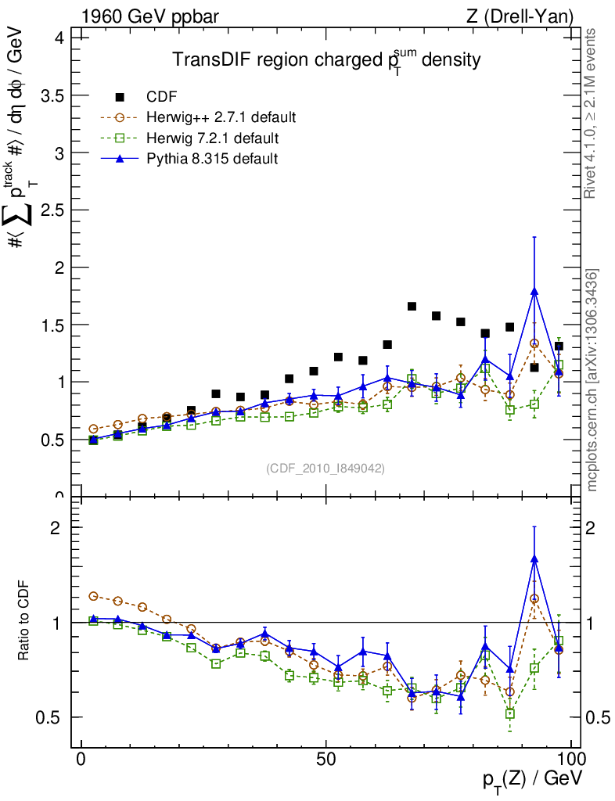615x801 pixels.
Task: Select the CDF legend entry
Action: [x=161, y=97]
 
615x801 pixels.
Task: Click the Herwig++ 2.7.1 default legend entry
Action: [x=221, y=118]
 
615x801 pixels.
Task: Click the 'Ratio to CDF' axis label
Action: [x=25, y=621]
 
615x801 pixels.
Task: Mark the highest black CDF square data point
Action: [x=412, y=306]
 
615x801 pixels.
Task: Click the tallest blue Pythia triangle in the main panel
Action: [x=534, y=291]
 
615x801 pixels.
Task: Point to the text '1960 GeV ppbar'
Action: [x=142, y=16]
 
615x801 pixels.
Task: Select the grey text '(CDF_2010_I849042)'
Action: [x=325, y=468]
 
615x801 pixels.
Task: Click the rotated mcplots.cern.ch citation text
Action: [x=592, y=379]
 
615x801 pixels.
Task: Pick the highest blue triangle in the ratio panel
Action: [x=534, y=559]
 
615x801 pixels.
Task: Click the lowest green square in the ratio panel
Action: [x=510, y=713]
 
